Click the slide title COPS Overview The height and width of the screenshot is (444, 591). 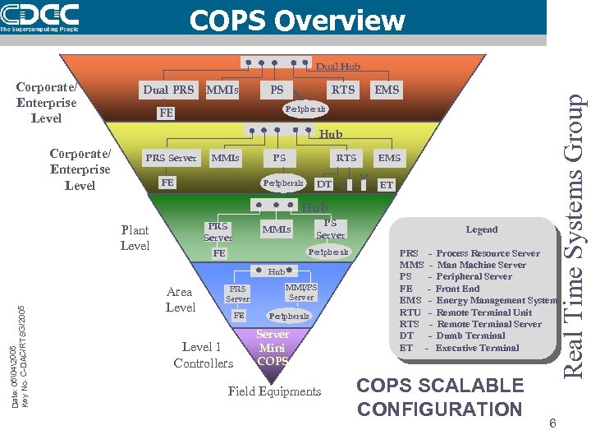pyautogui.click(x=297, y=20)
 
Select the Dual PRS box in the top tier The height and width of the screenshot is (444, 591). pyautogui.click(x=168, y=90)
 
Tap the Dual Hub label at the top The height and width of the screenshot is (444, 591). pyautogui.click(x=338, y=67)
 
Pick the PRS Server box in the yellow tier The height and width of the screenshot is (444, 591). pyautogui.click(x=171, y=158)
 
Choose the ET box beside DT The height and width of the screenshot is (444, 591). pyautogui.click(x=387, y=185)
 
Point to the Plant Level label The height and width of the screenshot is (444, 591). pyautogui.click(x=135, y=238)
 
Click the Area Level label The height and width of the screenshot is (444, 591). pyautogui.click(x=180, y=299)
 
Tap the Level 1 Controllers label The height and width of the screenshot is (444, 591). pyautogui.click(x=203, y=355)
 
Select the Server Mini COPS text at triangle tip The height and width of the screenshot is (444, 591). pyautogui.click(x=273, y=347)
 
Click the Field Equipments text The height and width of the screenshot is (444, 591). pyautogui.click(x=274, y=391)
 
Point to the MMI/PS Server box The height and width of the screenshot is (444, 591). pyautogui.click(x=300, y=292)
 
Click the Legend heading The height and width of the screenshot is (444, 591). pyautogui.click(x=482, y=229)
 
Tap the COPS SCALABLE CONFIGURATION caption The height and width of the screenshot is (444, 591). pyautogui.click(x=441, y=397)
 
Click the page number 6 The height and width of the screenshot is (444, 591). pyautogui.click(x=553, y=423)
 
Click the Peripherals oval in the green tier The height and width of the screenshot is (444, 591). pyautogui.click(x=328, y=252)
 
